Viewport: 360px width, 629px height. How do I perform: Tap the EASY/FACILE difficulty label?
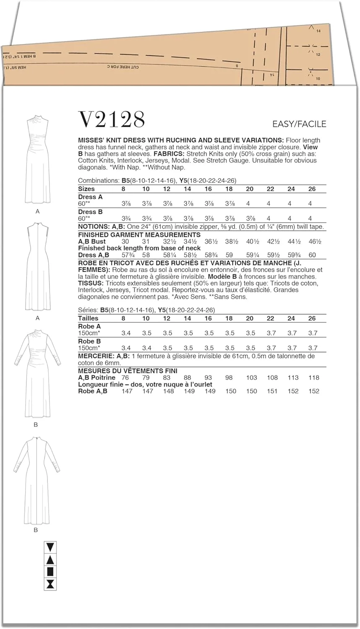click(299, 124)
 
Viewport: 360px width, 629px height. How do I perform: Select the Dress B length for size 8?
click(125, 218)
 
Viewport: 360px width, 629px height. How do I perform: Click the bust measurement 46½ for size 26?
click(313, 242)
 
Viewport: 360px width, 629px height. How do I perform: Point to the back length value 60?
click(313, 255)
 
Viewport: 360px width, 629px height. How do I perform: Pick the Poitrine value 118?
click(313, 377)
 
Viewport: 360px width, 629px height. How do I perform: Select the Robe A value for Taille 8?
click(126, 333)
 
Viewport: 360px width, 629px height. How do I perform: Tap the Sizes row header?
click(86, 189)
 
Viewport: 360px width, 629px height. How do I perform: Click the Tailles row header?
click(88, 318)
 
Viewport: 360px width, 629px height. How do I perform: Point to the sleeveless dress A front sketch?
click(37, 159)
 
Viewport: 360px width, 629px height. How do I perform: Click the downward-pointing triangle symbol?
click(50, 548)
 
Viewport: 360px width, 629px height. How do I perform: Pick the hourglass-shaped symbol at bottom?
click(50, 584)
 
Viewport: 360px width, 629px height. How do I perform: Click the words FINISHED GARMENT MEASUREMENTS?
click(139, 235)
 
